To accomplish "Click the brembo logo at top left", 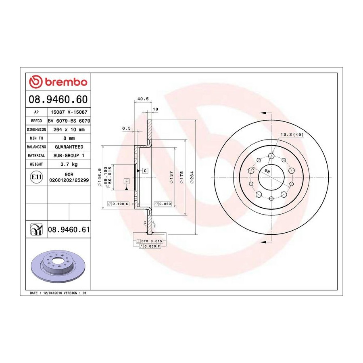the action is click(58, 82).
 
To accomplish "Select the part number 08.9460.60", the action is click(58, 99).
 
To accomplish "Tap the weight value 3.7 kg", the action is click(69, 165).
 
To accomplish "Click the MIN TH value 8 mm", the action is click(69, 138).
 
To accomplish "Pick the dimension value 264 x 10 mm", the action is click(69, 129).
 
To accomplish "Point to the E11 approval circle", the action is click(36, 177).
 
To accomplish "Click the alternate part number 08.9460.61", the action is click(69, 229).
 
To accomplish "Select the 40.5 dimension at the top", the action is click(143, 99).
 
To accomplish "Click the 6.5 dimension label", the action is click(126, 128).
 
